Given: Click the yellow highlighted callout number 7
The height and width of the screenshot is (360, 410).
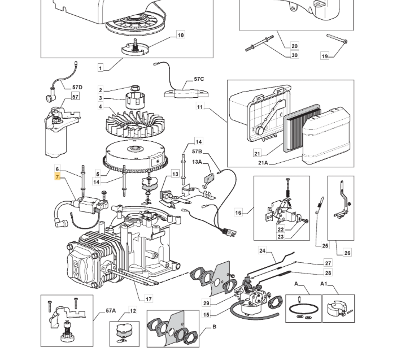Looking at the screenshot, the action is point(57,177).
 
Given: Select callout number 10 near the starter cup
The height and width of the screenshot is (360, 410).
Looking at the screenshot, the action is point(180,35).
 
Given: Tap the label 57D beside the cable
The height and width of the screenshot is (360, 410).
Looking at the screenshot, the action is point(77,88).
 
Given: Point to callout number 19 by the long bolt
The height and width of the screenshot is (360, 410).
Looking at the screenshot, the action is point(325,56).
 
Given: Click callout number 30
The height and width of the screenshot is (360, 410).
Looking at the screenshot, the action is point(294,55).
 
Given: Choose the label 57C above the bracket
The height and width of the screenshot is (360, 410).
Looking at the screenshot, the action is point(199,79).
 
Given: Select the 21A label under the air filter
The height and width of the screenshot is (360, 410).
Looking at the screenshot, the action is point(263,163).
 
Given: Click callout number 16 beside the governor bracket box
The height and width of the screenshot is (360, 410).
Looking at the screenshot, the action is point(238,212).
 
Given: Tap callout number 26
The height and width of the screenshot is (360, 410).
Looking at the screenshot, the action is point(347,253).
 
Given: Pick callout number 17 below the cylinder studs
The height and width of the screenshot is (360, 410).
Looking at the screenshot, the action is point(149,299).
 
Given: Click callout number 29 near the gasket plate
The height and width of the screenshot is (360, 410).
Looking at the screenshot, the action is point(206,303).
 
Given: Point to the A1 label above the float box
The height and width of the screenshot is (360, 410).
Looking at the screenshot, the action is point(324,284).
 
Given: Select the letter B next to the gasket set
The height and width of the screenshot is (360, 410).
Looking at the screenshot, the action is point(214,327).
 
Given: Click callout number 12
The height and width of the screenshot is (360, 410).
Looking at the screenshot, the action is point(133,311).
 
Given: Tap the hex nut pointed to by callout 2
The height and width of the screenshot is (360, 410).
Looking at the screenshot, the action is point(134,88).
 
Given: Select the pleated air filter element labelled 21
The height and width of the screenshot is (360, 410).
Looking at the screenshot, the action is point(302,128).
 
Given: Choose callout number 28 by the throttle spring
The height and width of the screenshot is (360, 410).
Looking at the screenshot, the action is point(328,273).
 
